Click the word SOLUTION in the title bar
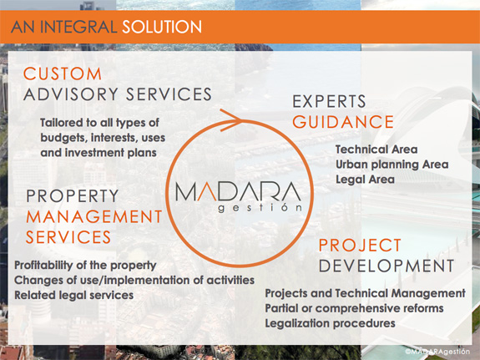click(x=162, y=27)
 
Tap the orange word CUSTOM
click(x=63, y=74)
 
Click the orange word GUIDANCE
click(x=343, y=122)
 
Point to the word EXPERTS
click(x=329, y=101)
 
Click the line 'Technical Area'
click(x=376, y=150)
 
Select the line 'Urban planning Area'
click(x=392, y=165)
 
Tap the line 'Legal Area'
click(x=365, y=180)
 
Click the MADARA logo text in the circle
click(x=238, y=191)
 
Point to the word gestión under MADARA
click(x=260, y=208)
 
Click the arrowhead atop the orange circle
click(x=232, y=120)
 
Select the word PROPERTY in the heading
click(x=73, y=196)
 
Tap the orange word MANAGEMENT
click(x=94, y=216)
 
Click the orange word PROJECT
click(x=360, y=245)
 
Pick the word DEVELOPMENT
click(x=387, y=266)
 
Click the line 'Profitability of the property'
click(x=85, y=266)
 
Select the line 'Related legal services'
click(x=73, y=296)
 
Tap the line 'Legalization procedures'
click(x=330, y=323)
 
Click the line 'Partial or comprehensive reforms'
click(x=354, y=308)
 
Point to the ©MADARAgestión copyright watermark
click(x=437, y=352)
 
